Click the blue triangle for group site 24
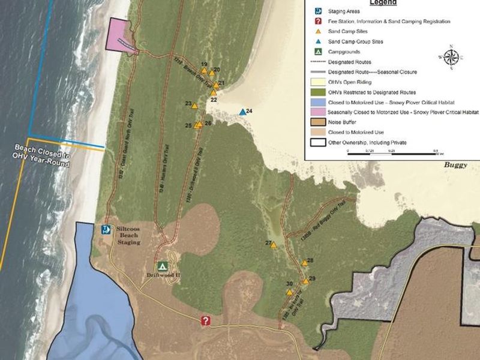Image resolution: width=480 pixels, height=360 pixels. tap(242, 112)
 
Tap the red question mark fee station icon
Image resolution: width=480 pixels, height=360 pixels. tap(206, 321)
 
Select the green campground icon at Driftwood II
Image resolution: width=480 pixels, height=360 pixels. tap(162, 266)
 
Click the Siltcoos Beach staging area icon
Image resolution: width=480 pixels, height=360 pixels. tap(106, 229)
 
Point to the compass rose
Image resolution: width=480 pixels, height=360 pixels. tap(452, 57)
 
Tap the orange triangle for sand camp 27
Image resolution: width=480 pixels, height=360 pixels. tap(274, 245)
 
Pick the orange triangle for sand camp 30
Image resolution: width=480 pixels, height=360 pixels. tap(289, 292)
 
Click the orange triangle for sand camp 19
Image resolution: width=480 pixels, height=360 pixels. tap(204, 71)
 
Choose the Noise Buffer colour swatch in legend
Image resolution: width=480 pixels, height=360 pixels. tap(317, 122)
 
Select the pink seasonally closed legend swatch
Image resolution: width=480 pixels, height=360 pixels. tap(317, 112)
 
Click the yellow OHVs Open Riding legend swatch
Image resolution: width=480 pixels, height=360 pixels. tap(317, 82)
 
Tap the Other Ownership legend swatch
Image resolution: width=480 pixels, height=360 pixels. tap(317, 142)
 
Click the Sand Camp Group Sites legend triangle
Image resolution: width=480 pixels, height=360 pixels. tap(317, 41)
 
